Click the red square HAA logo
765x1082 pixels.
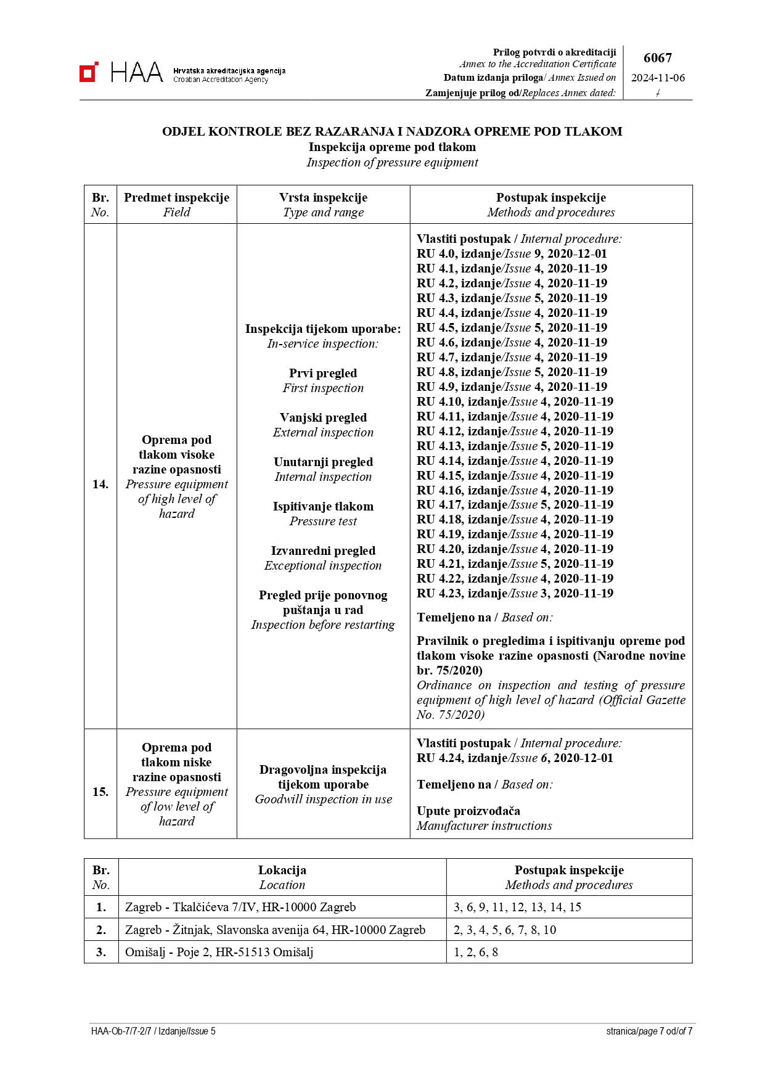(89, 72)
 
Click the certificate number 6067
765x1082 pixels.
(657, 58)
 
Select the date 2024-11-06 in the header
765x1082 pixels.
(658, 78)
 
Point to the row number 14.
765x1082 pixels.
(100, 484)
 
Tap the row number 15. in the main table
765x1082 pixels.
(100, 792)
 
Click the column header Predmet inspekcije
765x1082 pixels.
(176, 197)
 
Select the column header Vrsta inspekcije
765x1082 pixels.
(323, 197)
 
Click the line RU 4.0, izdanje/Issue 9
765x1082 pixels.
(512, 253)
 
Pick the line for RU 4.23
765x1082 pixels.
(515, 593)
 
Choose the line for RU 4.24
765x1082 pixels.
(515, 758)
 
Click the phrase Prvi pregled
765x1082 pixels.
(323, 373)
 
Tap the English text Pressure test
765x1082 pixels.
(323, 521)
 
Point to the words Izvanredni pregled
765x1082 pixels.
(323, 551)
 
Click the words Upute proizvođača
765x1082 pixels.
(468, 811)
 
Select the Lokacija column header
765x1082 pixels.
(282, 870)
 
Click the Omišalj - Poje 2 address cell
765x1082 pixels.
(219, 952)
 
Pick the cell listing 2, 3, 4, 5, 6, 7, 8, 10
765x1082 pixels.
(505, 930)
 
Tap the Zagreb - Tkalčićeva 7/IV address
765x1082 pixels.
(240, 907)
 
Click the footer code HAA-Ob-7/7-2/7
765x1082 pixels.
(121, 1031)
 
